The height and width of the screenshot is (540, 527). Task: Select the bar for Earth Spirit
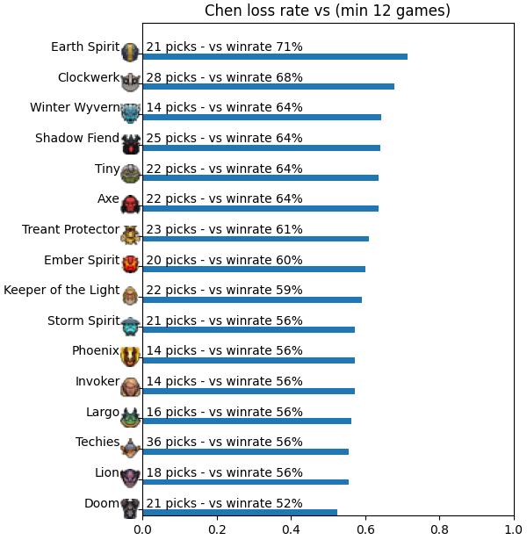click(x=275, y=56)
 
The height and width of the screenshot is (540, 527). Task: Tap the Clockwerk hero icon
click(x=131, y=83)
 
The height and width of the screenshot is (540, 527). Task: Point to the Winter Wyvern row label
click(x=75, y=107)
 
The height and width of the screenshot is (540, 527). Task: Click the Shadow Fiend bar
click(x=262, y=148)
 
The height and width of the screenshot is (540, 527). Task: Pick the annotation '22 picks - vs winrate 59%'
click(x=224, y=290)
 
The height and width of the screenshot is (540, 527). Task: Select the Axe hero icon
click(x=131, y=204)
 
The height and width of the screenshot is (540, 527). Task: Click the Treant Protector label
click(x=70, y=229)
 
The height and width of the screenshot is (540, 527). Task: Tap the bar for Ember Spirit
click(x=254, y=269)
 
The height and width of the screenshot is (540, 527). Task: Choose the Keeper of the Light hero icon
click(x=131, y=295)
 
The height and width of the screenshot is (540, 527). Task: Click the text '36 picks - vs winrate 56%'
click(x=224, y=442)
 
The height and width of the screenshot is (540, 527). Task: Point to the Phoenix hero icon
click(x=131, y=356)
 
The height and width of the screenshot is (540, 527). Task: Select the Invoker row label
click(x=97, y=382)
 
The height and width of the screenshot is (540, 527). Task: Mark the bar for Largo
click(x=247, y=421)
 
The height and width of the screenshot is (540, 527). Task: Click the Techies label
click(x=97, y=442)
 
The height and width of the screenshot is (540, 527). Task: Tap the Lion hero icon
click(x=131, y=478)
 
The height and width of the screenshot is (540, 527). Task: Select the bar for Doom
click(x=240, y=513)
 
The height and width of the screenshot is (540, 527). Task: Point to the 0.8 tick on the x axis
click(x=440, y=516)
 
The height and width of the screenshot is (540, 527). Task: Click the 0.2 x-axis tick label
click(x=217, y=529)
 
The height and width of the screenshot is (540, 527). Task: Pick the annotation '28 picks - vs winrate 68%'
click(x=224, y=77)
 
